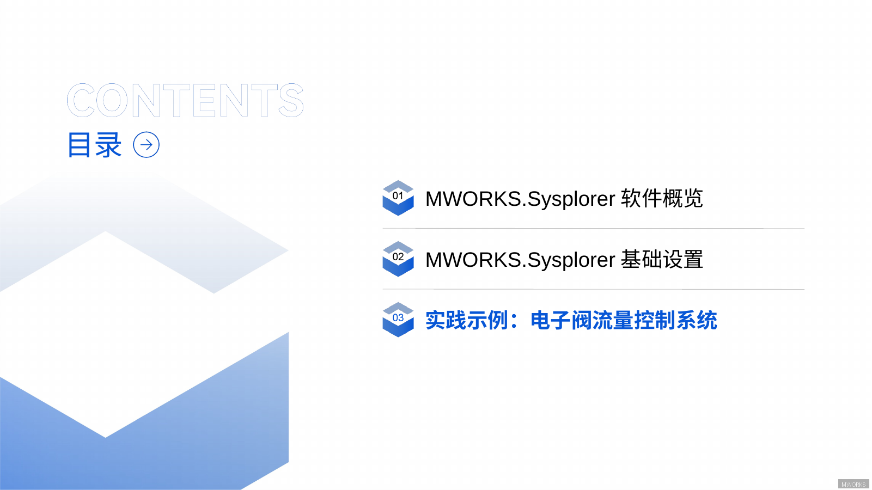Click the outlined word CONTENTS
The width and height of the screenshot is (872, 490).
coord(185,101)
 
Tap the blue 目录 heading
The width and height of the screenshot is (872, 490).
coord(94,145)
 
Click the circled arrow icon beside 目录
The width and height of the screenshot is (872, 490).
coord(147,145)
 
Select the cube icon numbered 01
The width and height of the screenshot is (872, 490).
coord(398,198)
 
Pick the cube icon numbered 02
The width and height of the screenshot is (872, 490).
coord(398,259)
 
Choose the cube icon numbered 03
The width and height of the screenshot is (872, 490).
coord(398,320)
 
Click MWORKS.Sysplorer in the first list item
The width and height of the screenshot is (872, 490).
coord(520,199)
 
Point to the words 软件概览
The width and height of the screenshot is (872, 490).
coord(662,199)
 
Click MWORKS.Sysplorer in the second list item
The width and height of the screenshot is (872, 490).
coord(520,260)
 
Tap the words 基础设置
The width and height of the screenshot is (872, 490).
coord(662,260)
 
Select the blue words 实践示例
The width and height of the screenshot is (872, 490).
coord(466,320)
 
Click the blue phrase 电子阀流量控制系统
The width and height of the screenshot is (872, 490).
coord(624,320)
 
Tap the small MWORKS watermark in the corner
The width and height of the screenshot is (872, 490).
coord(853,484)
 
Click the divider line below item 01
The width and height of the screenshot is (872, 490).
coord(593,229)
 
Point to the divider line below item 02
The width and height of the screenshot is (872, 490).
coord(593,290)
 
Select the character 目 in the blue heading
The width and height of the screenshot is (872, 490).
coord(80,145)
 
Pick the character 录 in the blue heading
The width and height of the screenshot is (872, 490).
coord(108,145)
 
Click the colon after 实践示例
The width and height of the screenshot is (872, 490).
coord(514,321)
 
